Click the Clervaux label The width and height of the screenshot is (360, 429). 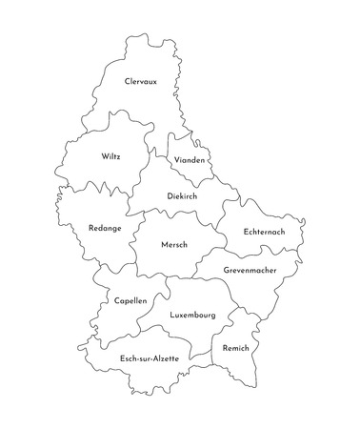coord(140,83)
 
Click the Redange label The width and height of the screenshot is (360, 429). coord(103,231)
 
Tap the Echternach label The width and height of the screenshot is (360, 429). coord(263,233)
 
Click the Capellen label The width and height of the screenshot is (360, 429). coord(130,300)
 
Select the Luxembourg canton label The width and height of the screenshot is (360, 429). coord(191,315)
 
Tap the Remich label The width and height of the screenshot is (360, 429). coord(234,349)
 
